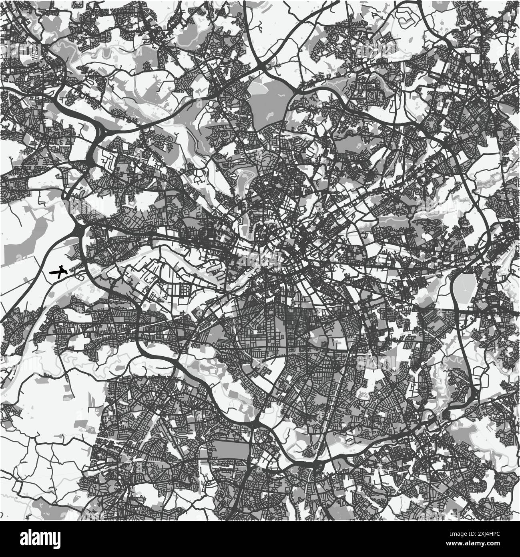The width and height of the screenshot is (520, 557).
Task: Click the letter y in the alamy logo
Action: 56,539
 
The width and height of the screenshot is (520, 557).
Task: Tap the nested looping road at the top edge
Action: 404,16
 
